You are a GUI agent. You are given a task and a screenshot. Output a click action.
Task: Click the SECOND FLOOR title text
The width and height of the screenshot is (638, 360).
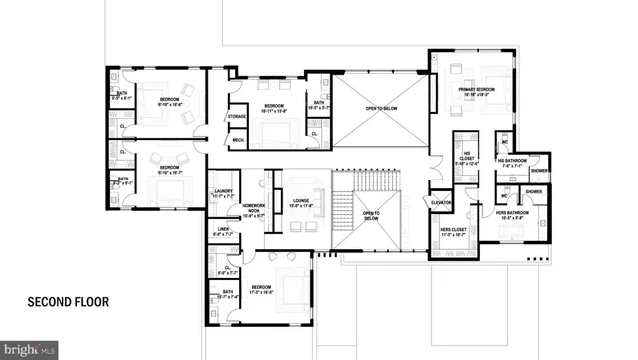point(67,301)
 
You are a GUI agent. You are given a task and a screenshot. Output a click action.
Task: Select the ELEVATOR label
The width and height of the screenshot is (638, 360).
point(441,202)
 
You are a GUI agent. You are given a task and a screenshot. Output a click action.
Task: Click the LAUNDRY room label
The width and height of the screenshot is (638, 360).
point(223,196)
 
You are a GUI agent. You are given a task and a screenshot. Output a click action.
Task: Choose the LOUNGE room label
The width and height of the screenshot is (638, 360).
point(301,203)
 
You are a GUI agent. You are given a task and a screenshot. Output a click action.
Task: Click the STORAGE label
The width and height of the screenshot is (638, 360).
point(237,117)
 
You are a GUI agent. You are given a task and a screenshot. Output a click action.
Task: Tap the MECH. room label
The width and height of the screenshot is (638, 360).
point(238,140)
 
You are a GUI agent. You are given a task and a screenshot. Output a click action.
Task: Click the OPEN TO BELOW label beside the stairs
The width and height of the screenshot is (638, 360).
point(371,216)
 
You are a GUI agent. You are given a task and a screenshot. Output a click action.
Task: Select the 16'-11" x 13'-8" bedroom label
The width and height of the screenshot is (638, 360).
point(275,108)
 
